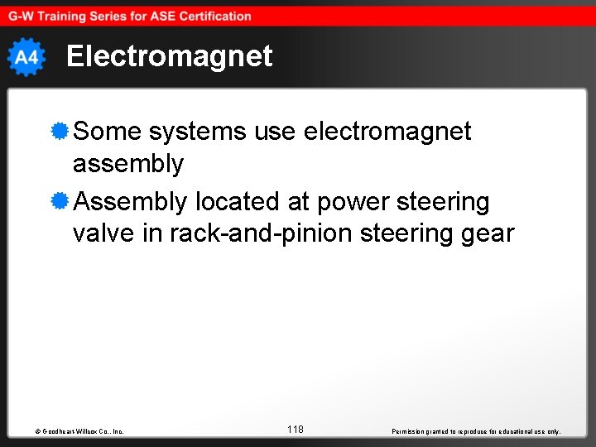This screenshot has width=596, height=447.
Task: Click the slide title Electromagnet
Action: point(169,56)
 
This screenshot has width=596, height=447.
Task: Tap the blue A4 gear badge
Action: point(26,57)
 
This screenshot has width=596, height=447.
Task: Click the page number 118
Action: point(296,429)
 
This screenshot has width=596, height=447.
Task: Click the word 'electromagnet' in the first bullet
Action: point(387,131)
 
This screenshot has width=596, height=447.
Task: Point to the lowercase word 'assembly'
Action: point(128,164)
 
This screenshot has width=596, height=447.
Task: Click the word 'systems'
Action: point(198,131)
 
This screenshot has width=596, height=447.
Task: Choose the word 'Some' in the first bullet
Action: point(107,131)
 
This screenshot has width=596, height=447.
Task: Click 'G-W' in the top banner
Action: point(22,16)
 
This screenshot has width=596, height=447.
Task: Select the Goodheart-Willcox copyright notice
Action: point(74,431)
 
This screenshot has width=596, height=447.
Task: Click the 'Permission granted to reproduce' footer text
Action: point(475,431)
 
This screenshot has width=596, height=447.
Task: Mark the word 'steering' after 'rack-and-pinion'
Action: point(403,234)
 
